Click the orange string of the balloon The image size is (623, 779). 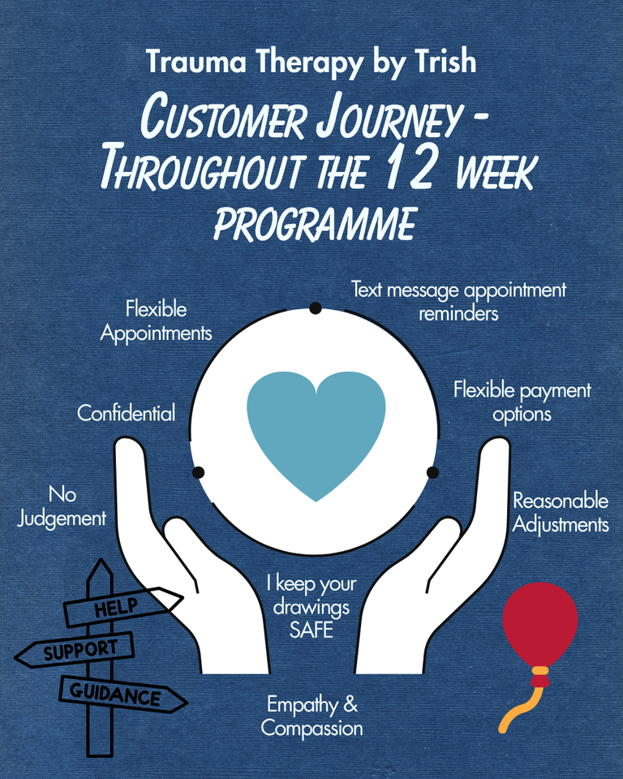point(522,705)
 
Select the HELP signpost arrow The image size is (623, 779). point(122,607)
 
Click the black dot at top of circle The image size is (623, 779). point(316,308)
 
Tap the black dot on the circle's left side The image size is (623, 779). point(198,472)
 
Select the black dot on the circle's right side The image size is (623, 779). point(432,472)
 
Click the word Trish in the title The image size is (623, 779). point(445,62)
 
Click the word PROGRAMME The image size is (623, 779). point(315,224)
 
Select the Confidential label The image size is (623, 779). point(127,413)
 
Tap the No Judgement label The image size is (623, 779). point(62,506)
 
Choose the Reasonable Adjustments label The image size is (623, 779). point(561,513)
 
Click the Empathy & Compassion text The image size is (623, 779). point(311,717)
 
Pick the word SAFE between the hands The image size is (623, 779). point(311,630)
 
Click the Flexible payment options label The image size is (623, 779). point(522,402)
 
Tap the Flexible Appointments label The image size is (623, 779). point(156,321)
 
